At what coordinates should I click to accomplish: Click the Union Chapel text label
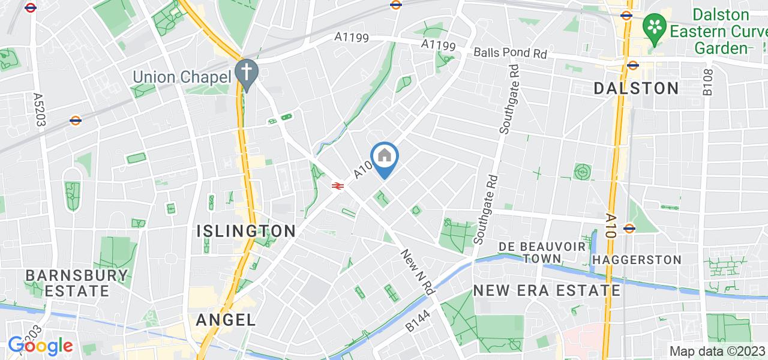[181, 77]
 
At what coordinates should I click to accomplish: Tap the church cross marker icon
[246, 71]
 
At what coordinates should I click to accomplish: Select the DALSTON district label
[636, 88]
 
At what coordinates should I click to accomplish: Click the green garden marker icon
[653, 26]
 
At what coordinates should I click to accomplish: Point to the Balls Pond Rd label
[510, 53]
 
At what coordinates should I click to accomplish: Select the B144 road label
[418, 321]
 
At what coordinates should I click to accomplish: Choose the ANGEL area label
[227, 320]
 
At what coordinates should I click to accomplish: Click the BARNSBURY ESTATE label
[76, 283]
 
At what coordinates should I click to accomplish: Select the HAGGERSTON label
[637, 260]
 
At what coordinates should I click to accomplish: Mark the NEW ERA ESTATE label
[547, 290]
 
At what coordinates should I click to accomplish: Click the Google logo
[40, 346]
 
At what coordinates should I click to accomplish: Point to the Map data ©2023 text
[716, 351]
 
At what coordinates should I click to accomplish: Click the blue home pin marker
[384, 158]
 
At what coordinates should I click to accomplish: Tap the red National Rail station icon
[337, 186]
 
